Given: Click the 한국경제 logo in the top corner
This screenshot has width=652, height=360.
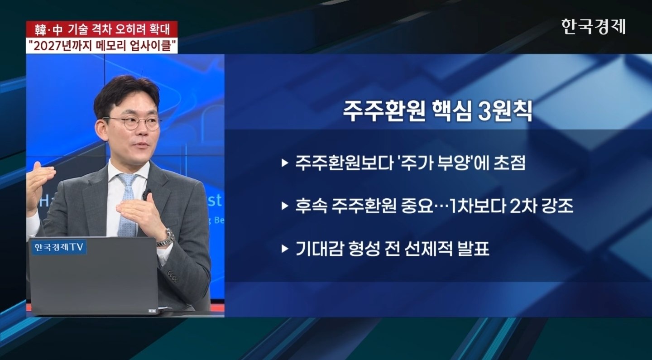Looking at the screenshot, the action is tap(593, 27).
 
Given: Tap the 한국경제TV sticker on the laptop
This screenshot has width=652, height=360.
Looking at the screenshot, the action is tap(59, 247).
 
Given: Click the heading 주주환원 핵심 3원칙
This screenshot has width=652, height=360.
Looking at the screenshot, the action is tap(437, 112).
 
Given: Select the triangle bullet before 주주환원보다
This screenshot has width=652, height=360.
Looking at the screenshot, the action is tap(285, 163).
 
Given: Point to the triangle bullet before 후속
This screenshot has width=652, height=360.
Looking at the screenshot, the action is tap(285, 206).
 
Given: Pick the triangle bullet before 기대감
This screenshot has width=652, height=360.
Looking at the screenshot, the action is tap(285, 249).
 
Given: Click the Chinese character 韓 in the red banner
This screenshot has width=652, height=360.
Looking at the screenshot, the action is tap(41, 30).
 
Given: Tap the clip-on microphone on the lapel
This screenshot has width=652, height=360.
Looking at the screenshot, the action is tap(147, 194).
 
